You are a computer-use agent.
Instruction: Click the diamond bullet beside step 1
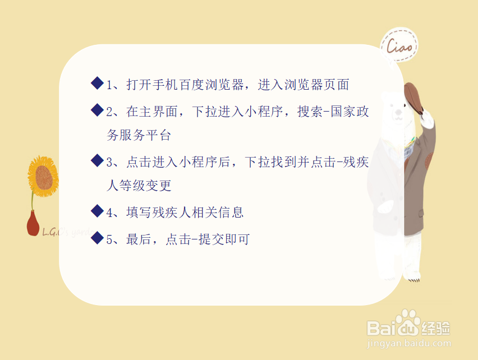point(97,83)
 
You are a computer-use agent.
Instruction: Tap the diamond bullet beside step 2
point(97,110)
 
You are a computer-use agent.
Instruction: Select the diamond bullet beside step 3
point(97,160)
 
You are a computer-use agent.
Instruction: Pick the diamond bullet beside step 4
point(97,211)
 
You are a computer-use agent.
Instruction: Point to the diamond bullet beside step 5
point(97,238)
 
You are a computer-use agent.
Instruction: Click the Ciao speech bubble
point(399,45)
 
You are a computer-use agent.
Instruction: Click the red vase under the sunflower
point(33,224)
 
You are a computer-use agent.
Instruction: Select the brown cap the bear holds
point(413,98)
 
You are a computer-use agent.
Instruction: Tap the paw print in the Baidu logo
point(408,322)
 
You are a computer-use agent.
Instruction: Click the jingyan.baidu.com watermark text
point(409,343)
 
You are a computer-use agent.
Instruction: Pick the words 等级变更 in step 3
point(145,185)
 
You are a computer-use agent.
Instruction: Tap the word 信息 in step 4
point(231,212)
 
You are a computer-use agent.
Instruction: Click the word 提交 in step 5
point(212,239)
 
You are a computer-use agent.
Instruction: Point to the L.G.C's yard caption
point(68,232)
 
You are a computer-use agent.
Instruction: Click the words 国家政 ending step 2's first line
point(350,111)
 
